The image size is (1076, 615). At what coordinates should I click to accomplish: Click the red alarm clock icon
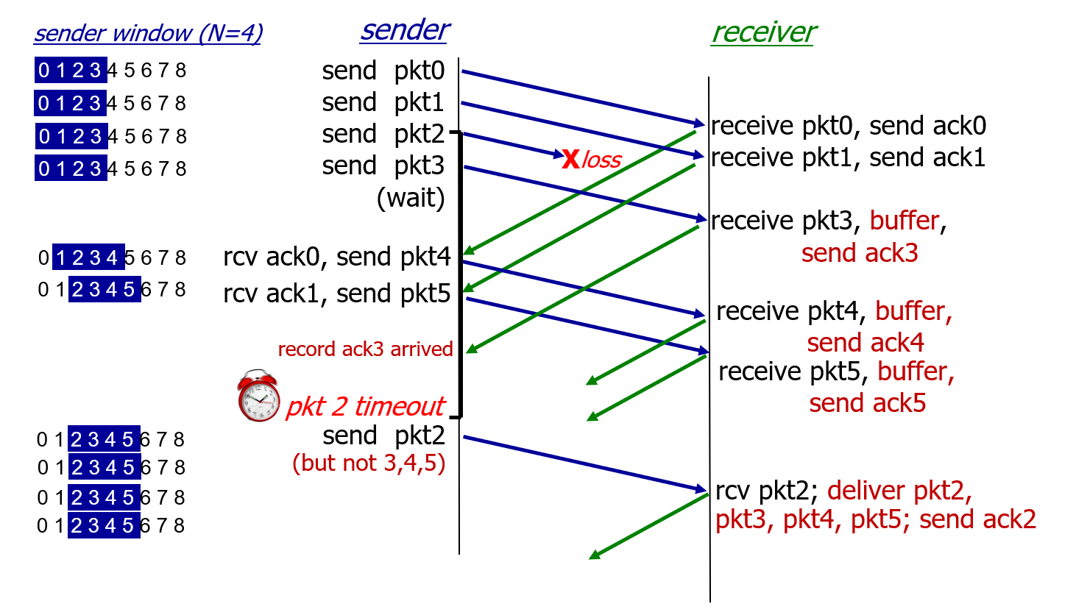[258, 396]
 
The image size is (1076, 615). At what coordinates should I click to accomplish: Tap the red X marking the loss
[570, 159]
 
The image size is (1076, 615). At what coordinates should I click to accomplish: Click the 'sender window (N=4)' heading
[148, 33]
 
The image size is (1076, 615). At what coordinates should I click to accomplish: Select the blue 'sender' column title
[405, 30]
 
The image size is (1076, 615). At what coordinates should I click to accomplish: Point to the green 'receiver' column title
[763, 32]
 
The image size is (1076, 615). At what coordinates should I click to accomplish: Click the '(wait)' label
[411, 198]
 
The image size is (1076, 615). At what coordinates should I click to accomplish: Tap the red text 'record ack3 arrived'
[366, 349]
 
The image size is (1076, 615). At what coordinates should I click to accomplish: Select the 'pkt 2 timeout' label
[366, 406]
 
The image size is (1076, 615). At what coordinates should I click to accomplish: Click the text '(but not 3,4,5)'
[369, 463]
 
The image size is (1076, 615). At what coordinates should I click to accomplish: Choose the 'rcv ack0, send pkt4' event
[337, 257]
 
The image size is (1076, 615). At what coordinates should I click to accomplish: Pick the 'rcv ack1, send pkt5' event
[337, 294]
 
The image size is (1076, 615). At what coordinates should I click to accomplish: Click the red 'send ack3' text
[860, 253]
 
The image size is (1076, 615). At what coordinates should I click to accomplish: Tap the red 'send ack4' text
[866, 343]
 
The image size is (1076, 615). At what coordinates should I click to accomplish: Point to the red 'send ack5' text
[868, 403]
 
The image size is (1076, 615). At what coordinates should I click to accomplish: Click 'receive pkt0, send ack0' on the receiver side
[849, 126]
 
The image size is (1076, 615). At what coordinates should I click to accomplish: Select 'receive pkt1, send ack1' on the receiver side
[848, 157]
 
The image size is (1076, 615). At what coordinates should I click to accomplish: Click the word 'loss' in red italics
[601, 160]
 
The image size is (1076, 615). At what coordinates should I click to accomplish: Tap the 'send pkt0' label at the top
[383, 71]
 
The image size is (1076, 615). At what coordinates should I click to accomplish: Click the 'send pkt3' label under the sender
[383, 166]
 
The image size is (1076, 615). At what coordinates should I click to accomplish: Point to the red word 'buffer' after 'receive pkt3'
[905, 221]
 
